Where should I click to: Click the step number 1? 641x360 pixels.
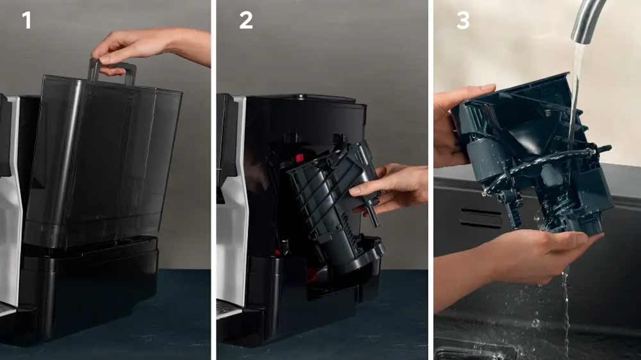[26, 20]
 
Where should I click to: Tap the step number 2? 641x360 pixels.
[246, 20]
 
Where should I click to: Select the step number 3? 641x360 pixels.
[463, 20]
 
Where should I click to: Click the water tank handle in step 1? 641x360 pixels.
[112, 69]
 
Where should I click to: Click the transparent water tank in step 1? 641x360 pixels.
[103, 160]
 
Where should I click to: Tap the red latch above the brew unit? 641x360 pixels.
[299, 158]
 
